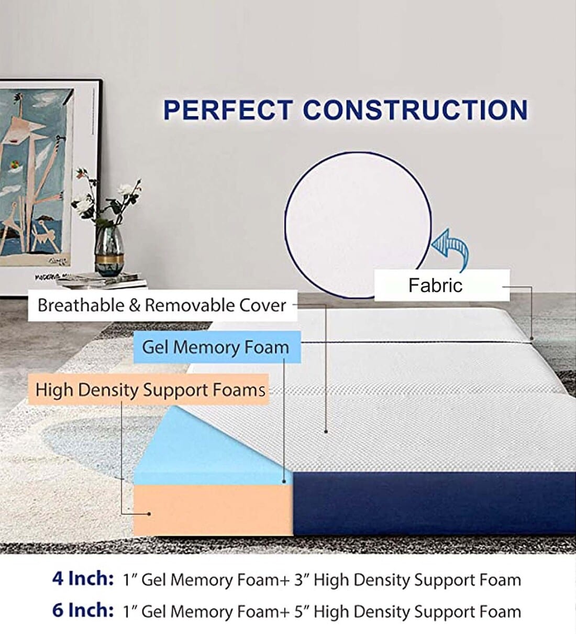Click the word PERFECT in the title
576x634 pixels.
coord(227,110)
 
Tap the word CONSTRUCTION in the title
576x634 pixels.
coord(415,110)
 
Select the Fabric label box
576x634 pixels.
coord(441,286)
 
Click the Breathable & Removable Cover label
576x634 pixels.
coord(162,305)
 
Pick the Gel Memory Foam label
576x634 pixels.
coord(215,347)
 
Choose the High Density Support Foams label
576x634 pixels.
coord(150,390)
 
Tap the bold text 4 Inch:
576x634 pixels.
coord(83,580)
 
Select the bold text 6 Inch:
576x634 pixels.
coord(83,611)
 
